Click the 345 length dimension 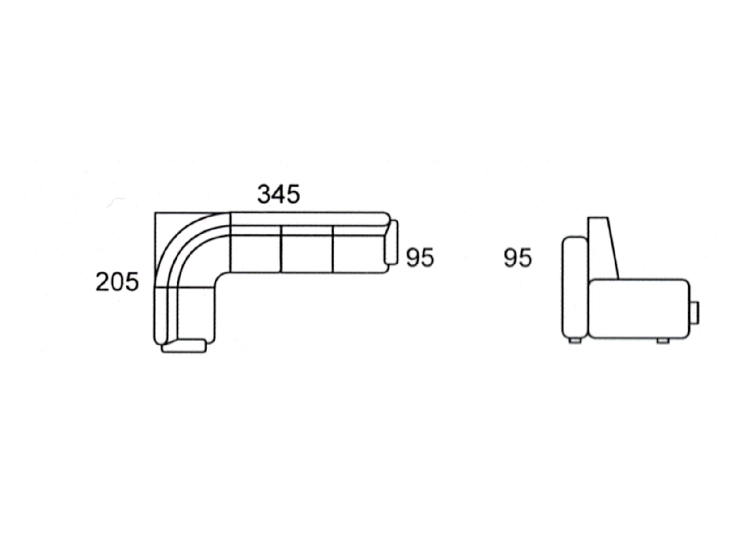click(x=278, y=194)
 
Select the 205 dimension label click(x=117, y=282)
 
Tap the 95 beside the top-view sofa click(x=420, y=257)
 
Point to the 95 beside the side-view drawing click(x=517, y=258)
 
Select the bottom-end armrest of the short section click(x=184, y=346)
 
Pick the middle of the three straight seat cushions click(x=306, y=254)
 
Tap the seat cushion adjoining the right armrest click(x=360, y=254)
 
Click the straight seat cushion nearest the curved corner click(x=256, y=254)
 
